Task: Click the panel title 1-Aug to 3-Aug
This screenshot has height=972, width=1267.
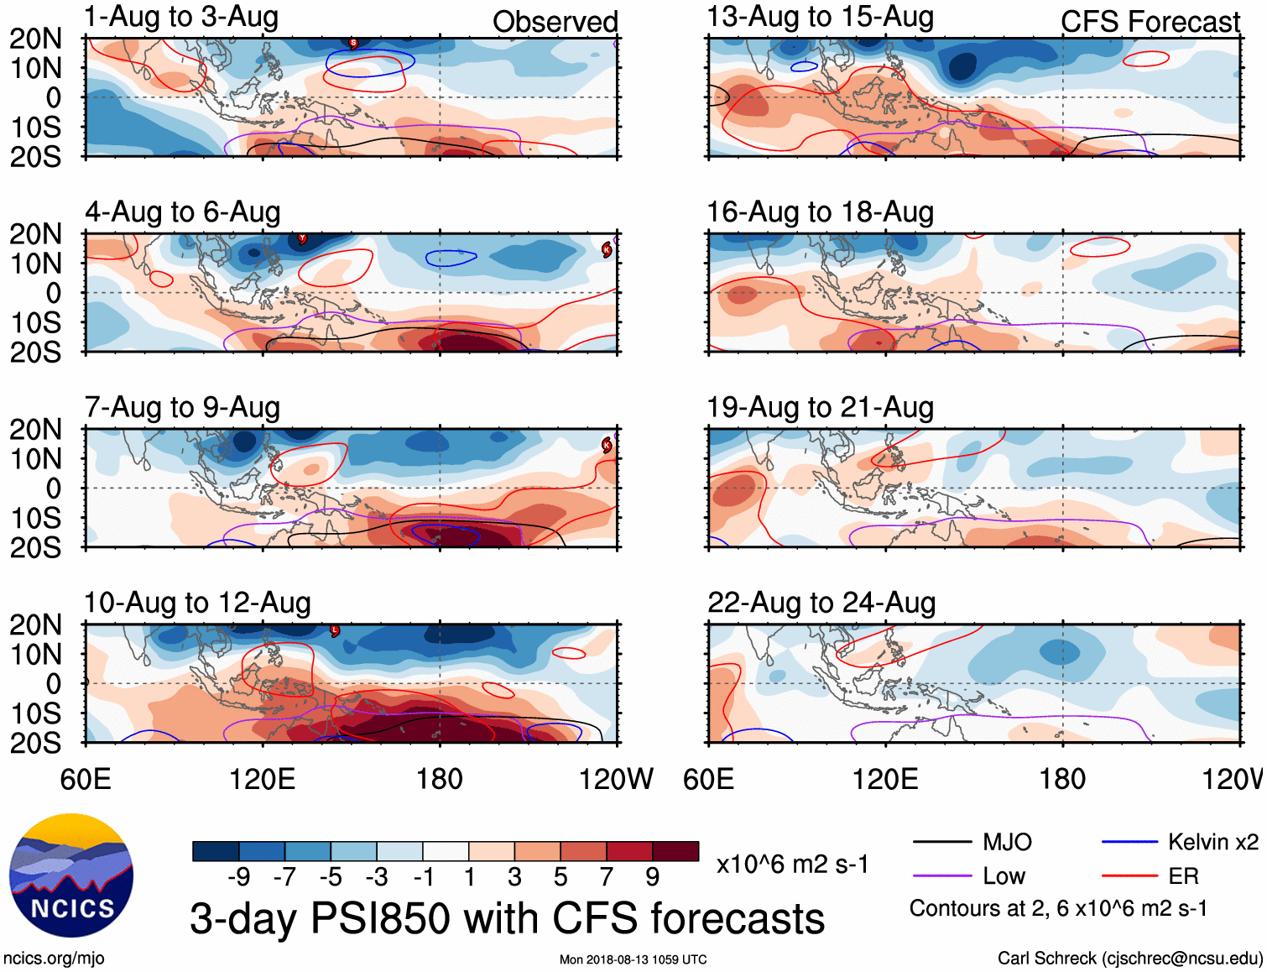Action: click(181, 18)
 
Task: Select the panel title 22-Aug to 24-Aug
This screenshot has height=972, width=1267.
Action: click(821, 603)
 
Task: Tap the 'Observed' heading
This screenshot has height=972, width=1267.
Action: click(555, 22)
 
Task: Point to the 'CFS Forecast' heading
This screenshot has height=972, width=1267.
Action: click(1150, 22)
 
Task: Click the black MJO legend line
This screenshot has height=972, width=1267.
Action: click(941, 842)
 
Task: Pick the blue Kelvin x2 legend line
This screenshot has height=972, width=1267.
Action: click(1129, 842)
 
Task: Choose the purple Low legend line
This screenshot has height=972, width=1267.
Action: click(941, 876)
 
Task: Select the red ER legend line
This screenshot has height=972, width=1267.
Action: click(1129, 876)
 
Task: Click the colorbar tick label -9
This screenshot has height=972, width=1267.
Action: click(239, 877)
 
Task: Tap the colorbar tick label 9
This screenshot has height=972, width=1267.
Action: click(652, 877)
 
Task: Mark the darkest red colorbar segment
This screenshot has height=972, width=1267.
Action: click(675, 851)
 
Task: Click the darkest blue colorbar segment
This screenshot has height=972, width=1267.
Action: click(216, 851)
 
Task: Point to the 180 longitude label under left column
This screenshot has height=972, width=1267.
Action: click(440, 780)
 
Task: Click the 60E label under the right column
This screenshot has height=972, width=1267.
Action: click(709, 780)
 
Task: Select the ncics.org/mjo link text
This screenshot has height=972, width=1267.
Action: click(54, 959)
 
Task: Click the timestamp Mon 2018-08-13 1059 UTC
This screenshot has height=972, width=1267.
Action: click(633, 959)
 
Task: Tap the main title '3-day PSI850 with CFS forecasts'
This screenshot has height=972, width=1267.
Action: click(507, 918)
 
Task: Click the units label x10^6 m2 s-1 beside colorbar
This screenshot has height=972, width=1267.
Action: click(792, 865)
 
